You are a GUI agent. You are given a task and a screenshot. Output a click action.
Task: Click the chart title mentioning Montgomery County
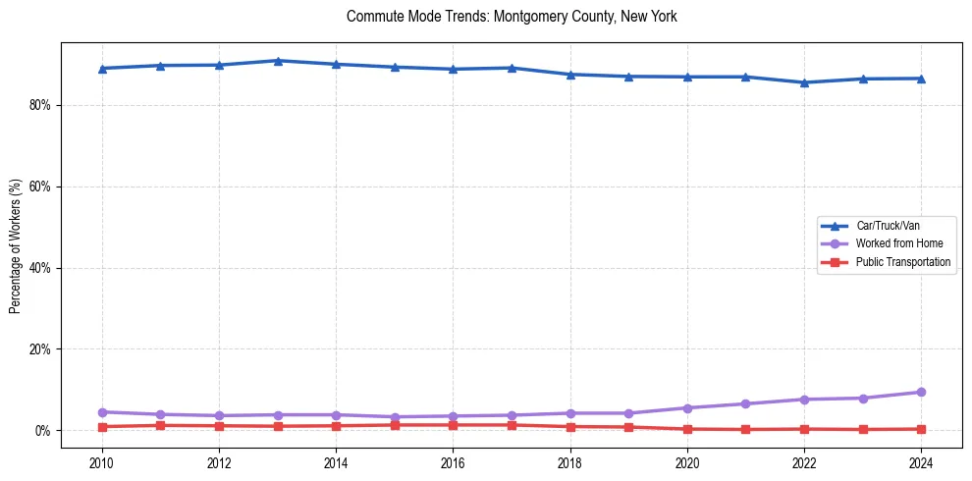(512, 17)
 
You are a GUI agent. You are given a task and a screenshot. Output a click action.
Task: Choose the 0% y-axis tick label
(41, 431)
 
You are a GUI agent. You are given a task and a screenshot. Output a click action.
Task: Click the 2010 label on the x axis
(102, 462)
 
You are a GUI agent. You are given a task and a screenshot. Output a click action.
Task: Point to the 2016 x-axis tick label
(453, 462)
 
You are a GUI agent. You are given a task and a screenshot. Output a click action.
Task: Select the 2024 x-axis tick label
(921, 462)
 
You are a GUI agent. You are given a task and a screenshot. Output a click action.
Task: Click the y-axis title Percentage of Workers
(15, 245)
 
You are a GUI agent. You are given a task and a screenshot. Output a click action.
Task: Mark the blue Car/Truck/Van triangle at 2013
(278, 61)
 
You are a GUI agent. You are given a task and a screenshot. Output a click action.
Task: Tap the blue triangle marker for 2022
(804, 82)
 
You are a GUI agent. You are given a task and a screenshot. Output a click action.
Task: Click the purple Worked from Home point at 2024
(921, 392)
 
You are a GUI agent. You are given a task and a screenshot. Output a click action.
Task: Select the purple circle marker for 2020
(687, 407)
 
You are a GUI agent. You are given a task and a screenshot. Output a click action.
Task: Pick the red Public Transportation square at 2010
(102, 427)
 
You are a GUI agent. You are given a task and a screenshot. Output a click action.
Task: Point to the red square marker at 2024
(921, 429)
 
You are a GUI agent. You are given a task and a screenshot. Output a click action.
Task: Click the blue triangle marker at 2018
(570, 75)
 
